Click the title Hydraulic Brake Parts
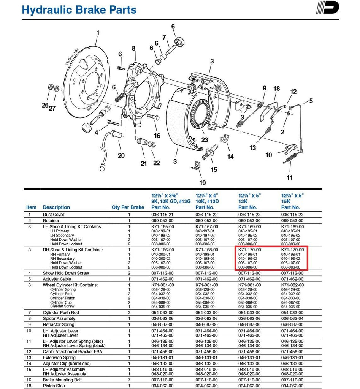(x=79, y=10)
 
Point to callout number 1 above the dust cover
(x=97, y=33)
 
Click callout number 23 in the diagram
(x=205, y=140)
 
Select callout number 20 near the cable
(x=121, y=155)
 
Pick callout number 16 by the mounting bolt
(x=157, y=136)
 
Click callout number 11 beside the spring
(x=290, y=177)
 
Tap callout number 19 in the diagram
(x=203, y=183)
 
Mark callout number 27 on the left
(x=52, y=108)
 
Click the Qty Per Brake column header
(x=128, y=207)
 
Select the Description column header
(x=56, y=207)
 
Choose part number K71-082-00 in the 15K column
(x=292, y=285)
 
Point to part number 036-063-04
(x=292, y=318)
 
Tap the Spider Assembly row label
(x=59, y=318)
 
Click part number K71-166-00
(x=163, y=250)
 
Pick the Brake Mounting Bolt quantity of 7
(x=129, y=380)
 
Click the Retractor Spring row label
(x=59, y=324)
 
